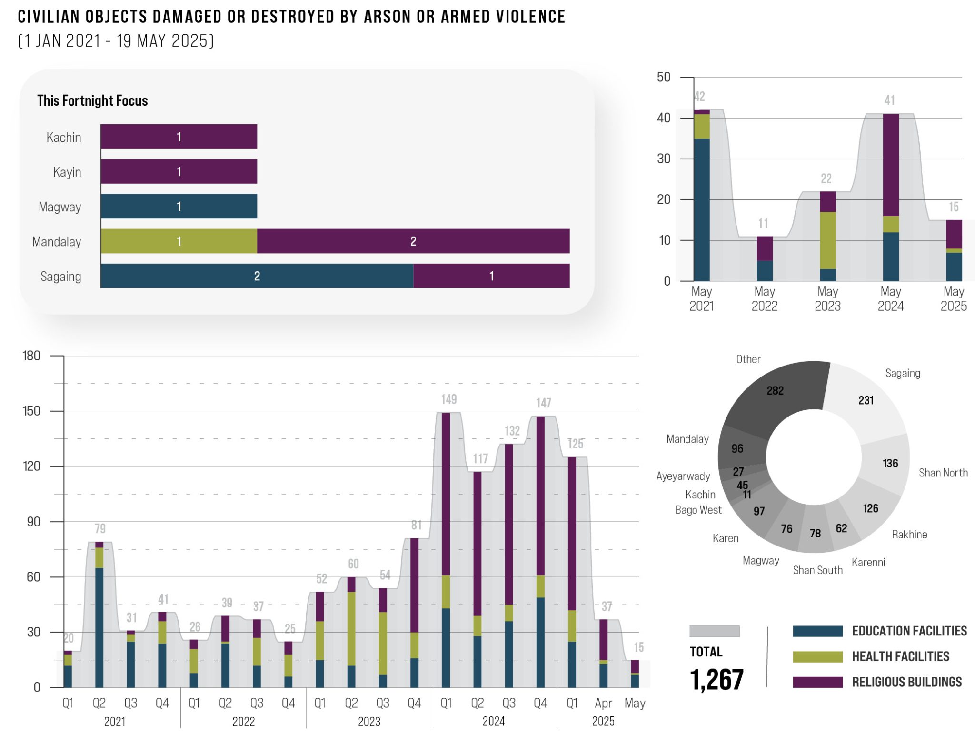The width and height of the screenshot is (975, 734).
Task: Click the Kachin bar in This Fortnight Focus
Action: (179, 137)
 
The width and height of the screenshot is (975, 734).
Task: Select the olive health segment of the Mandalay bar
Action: (179, 241)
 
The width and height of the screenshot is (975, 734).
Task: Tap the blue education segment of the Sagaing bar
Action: (257, 276)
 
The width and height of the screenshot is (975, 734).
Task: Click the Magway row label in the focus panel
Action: (60, 207)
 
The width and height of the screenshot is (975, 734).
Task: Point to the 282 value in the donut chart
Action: (775, 391)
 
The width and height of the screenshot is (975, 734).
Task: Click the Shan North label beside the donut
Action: (943, 473)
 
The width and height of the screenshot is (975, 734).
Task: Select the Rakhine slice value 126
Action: (870, 508)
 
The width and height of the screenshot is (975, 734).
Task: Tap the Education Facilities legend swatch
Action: (817, 631)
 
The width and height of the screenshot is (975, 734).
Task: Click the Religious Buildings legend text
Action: (906, 682)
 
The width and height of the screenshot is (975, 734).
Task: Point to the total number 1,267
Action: (716, 679)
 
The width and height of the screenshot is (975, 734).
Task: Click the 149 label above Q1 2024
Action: (448, 399)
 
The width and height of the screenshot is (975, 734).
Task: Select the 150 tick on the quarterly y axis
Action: (31, 411)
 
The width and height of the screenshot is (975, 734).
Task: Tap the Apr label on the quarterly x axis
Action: (603, 703)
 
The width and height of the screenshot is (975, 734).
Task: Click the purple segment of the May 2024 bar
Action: (891, 165)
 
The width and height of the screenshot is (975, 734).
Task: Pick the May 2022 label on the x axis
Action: (765, 298)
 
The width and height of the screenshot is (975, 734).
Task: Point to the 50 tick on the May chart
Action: (663, 77)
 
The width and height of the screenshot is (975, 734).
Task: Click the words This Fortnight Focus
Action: (92, 100)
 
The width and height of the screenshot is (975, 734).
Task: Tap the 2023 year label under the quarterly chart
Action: (369, 722)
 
